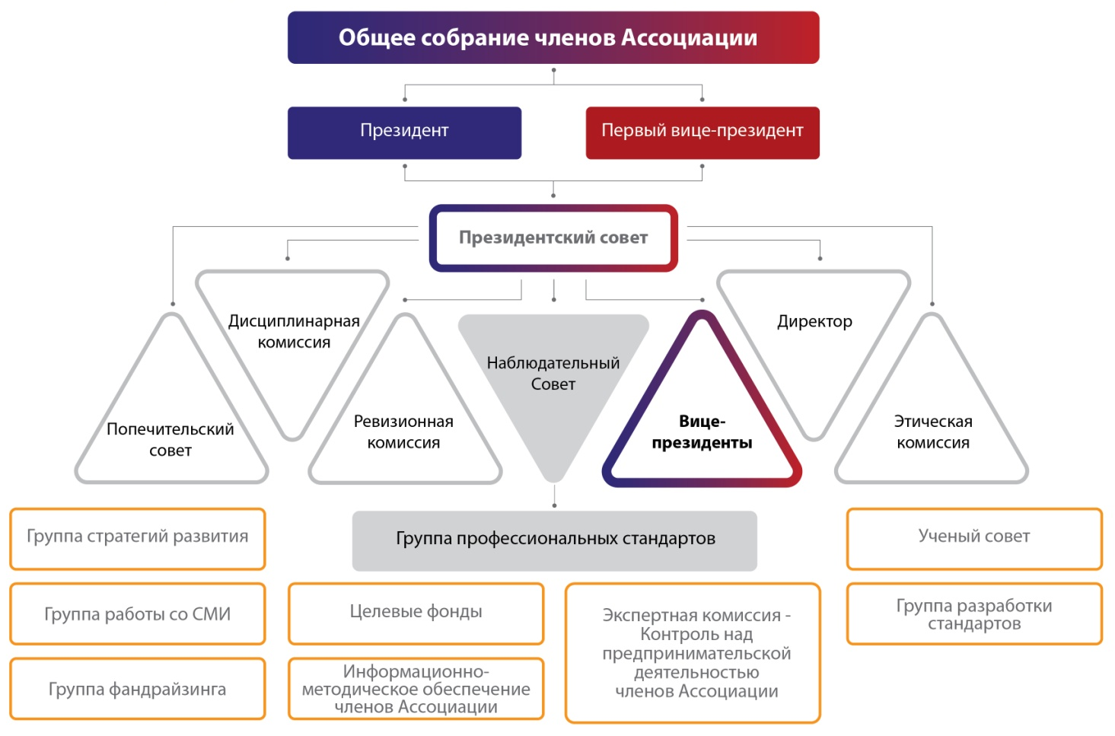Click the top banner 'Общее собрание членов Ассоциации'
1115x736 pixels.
coord(553,37)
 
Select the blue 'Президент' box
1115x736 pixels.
coord(404,132)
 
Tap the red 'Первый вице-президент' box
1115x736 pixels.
coord(702,132)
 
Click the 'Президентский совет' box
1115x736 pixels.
coord(553,237)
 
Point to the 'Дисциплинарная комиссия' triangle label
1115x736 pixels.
coord(294,331)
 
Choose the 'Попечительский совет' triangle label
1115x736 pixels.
coord(170,439)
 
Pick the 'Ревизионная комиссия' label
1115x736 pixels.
coord(403,432)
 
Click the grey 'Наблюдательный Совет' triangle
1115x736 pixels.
coord(553,374)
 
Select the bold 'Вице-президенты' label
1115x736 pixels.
coord(702,432)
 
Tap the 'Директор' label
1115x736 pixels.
coord(814,321)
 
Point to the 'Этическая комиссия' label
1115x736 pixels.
coord(933,432)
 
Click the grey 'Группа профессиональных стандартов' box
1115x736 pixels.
coord(555,540)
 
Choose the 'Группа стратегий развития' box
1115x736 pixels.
coord(138,537)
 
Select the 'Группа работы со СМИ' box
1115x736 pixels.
coord(138,614)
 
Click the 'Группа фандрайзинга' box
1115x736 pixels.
coord(138,689)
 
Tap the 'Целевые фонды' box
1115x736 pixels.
coord(416,612)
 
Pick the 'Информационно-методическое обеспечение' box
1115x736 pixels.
coord(416,689)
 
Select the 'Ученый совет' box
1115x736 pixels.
coord(974,537)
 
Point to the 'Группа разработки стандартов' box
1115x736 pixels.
coord(974,614)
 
